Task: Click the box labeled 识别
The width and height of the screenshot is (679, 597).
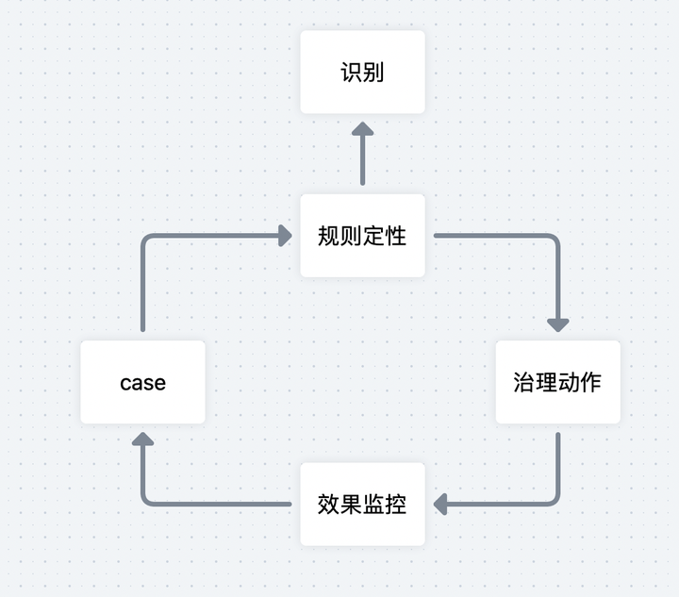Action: [x=362, y=72]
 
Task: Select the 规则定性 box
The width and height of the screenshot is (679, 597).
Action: [x=362, y=236]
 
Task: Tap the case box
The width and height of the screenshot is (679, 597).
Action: [x=142, y=382]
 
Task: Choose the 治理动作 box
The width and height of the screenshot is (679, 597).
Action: [x=557, y=382]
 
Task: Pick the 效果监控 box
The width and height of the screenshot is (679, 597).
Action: [x=362, y=504]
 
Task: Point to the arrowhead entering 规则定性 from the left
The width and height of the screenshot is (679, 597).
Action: [x=284, y=236]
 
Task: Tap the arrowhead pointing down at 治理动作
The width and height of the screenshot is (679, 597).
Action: [x=557, y=323]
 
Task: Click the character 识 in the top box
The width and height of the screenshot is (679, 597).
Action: [x=351, y=73]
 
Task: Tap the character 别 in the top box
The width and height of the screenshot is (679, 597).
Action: [x=373, y=73]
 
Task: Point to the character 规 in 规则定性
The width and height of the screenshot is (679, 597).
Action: [x=329, y=236]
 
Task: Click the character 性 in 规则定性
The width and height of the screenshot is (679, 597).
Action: [x=396, y=236]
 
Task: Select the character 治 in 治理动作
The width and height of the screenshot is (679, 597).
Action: [x=524, y=382]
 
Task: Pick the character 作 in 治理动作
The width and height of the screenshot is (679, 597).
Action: [x=591, y=382]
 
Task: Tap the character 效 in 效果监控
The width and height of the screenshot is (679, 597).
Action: [x=329, y=504]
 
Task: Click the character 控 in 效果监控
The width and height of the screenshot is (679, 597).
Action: [x=396, y=504]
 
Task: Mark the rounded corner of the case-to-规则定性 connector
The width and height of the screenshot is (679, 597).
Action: [x=146, y=240]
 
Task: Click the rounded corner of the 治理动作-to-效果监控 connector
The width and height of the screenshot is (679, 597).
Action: [x=554, y=500]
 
